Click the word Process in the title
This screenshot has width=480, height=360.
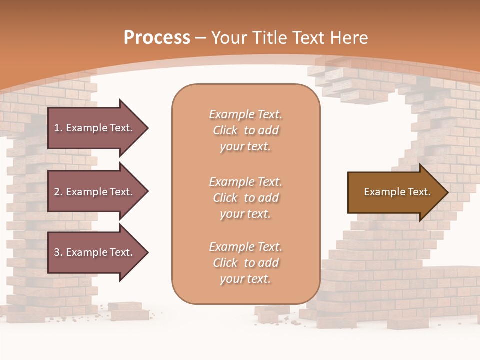(x=157, y=37)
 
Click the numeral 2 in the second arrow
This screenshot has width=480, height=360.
(x=57, y=192)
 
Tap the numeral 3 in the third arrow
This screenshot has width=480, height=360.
(x=57, y=252)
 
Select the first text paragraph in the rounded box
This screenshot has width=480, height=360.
(x=245, y=130)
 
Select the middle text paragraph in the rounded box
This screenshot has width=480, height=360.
(x=245, y=198)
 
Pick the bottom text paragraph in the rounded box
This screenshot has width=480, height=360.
(x=245, y=263)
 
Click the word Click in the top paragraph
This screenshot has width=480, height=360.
(x=225, y=130)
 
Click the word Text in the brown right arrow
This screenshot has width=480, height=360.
(x=419, y=192)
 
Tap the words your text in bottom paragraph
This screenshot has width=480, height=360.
(x=245, y=279)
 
